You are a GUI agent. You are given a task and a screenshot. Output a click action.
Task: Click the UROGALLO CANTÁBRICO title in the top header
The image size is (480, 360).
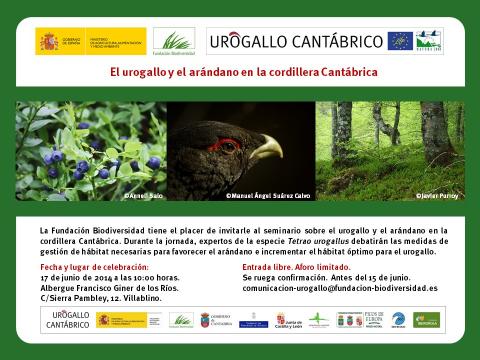click(296, 41)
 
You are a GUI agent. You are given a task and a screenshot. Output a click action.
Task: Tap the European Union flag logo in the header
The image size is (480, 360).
click(400, 41)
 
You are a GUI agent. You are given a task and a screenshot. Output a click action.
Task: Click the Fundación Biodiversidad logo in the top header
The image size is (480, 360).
click(176, 42)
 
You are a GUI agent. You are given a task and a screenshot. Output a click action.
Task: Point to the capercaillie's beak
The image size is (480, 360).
click(265, 150)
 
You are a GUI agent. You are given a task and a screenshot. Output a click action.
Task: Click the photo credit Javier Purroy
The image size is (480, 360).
click(437, 196)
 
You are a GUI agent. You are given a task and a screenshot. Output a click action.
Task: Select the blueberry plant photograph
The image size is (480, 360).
click(90, 150)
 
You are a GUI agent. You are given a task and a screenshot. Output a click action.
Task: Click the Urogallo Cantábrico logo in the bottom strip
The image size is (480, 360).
click(69, 319)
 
